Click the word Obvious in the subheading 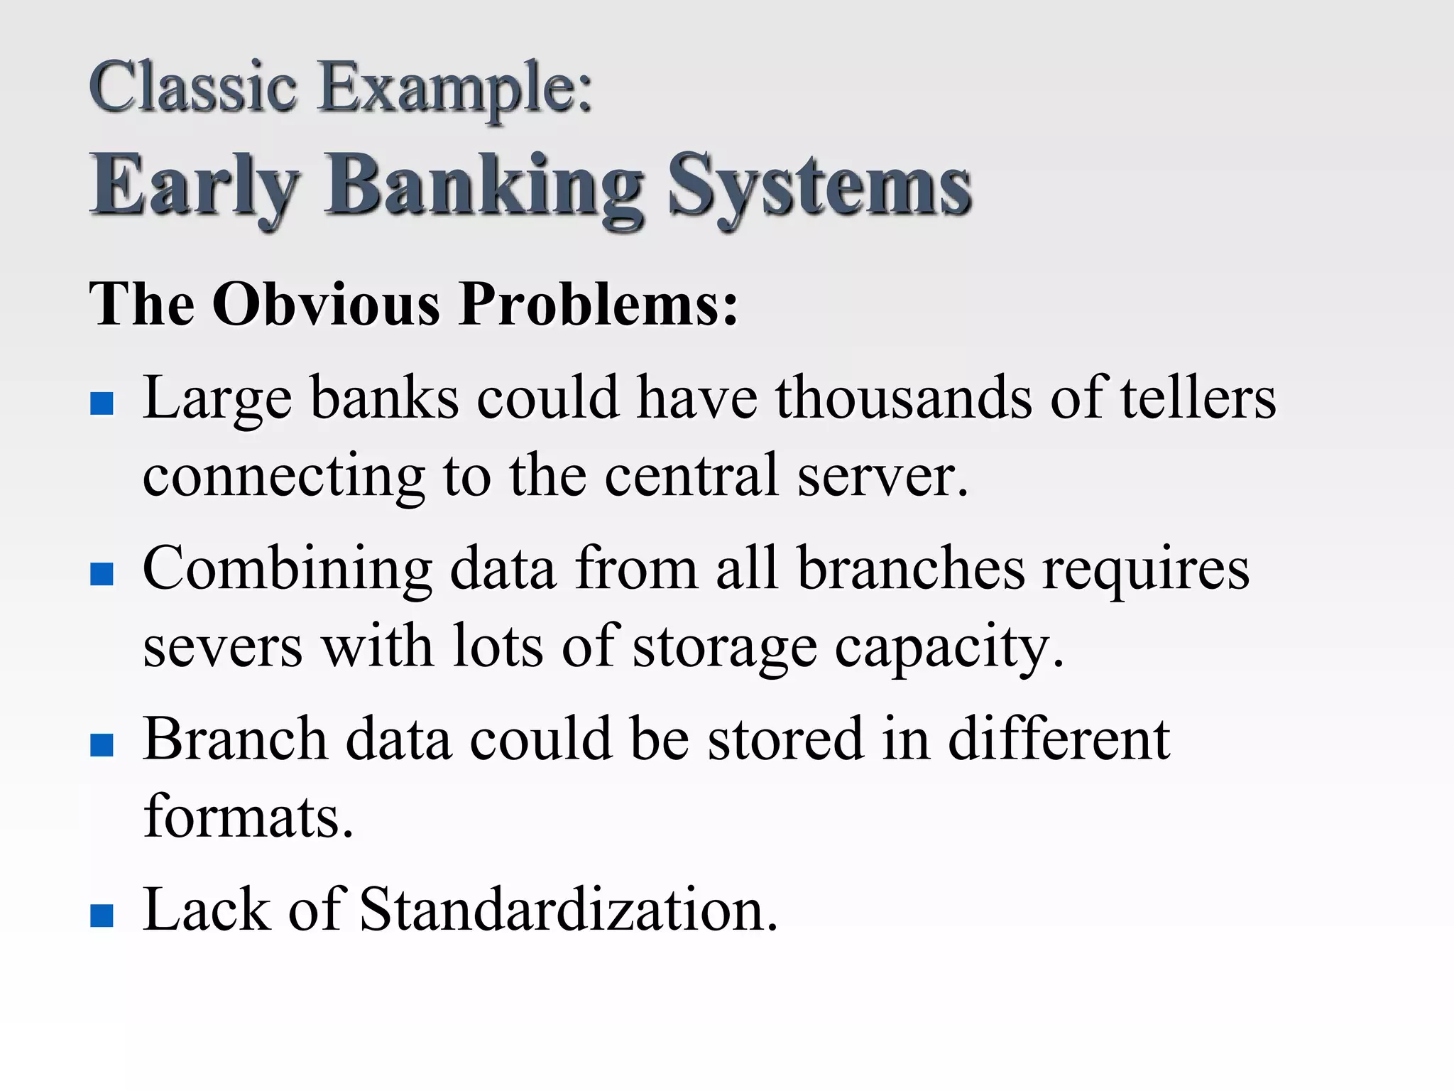click(x=326, y=304)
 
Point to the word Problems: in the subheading click(x=599, y=304)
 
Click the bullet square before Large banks click(x=102, y=403)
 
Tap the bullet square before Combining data click(x=102, y=574)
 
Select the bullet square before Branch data click(x=102, y=744)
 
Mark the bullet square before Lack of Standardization click(x=102, y=915)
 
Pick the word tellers click(x=1198, y=398)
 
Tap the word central click(x=692, y=476)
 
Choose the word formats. click(x=248, y=817)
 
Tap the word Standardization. click(x=569, y=909)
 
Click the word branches click(x=911, y=568)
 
